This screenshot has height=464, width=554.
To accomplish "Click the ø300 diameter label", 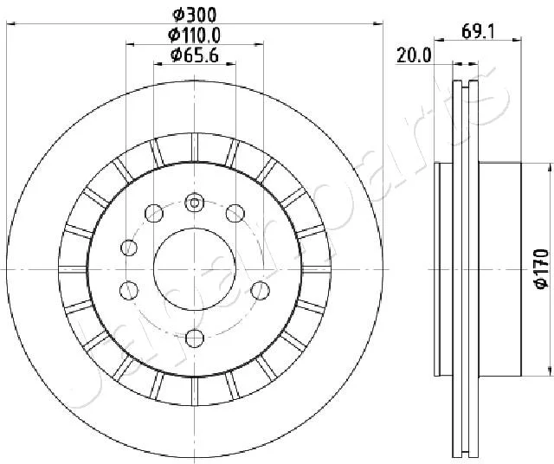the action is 194,15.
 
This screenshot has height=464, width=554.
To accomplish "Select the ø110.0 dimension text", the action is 194,35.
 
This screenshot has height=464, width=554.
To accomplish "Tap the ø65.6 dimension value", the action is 194,55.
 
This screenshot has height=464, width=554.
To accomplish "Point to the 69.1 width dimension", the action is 478,32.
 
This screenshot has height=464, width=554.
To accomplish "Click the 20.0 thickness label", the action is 414,55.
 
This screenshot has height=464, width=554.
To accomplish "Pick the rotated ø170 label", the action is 542,269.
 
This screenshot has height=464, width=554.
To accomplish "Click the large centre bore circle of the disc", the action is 195,269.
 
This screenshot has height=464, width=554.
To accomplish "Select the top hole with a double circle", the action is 195,203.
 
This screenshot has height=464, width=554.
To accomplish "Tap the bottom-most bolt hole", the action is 195,338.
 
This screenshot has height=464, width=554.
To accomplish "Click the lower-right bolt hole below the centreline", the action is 260,291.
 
